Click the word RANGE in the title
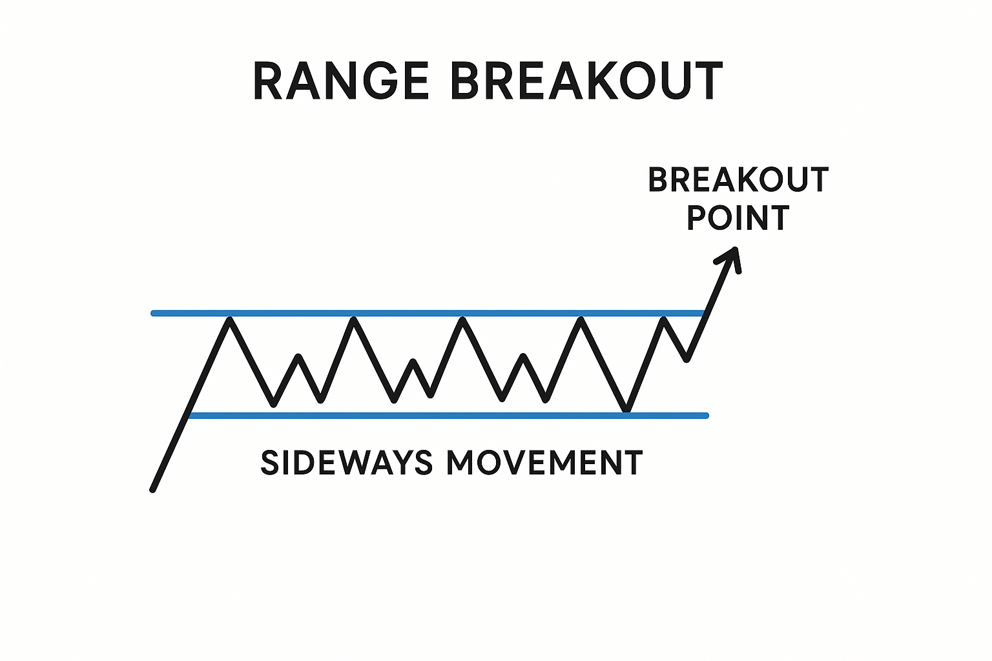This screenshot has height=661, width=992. (341, 81)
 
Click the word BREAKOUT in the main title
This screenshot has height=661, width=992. (586, 81)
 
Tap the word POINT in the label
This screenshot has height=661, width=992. (738, 218)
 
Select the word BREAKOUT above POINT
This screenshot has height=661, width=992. (738, 180)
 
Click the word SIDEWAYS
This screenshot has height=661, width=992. (346, 463)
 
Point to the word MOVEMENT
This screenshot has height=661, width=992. (544, 463)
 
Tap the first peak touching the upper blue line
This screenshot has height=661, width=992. (229, 319)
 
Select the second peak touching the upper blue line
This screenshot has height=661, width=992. (353, 319)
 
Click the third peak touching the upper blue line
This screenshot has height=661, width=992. (462, 319)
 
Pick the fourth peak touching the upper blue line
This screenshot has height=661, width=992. (582, 319)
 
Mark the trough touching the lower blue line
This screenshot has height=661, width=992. (626, 409)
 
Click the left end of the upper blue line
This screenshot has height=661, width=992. (154, 313)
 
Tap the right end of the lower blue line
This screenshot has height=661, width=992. (706, 416)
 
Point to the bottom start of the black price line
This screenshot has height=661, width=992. (153, 490)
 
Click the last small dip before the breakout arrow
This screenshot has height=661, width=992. (687, 360)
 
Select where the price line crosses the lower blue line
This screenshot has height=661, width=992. (188, 416)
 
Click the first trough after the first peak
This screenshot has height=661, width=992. (274, 405)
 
